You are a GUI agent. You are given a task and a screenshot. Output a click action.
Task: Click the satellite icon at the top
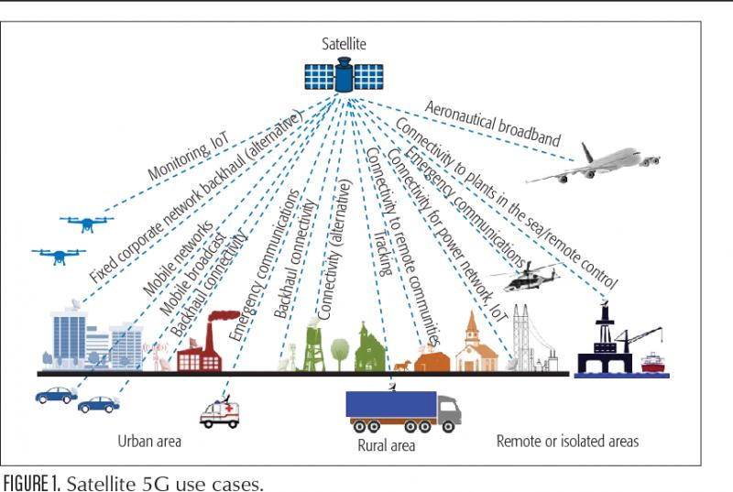pyautogui.click(x=344, y=75)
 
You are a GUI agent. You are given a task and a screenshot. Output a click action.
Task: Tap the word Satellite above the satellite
pyautogui.click(x=344, y=43)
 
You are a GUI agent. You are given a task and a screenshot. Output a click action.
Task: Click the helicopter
pyautogui.click(x=526, y=276)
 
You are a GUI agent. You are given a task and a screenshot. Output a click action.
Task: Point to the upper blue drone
pyautogui.click(x=86, y=224)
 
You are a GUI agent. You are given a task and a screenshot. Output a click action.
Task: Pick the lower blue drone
pyautogui.click(x=59, y=256)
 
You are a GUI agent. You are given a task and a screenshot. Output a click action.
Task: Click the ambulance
pyautogui.click(x=220, y=413)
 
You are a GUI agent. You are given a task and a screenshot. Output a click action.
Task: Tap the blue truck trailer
pyautogui.click(x=391, y=404)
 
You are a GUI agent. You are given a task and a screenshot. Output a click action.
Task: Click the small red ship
pyautogui.click(x=653, y=363)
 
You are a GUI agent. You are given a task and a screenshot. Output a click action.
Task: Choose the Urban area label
pyautogui.click(x=149, y=441)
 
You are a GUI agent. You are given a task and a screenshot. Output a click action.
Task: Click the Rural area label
pyautogui.click(x=386, y=445)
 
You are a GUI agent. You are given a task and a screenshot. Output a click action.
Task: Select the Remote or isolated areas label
pyautogui.click(x=567, y=441)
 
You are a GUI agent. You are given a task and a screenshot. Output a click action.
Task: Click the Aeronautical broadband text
pyautogui.click(x=492, y=124)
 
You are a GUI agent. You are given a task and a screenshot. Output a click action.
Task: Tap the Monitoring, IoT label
pyautogui.click(x=189, y=156)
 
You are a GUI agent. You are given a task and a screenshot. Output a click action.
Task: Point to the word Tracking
pyautogui.click(x=383, y=253)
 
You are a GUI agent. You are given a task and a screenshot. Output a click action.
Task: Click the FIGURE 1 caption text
pyautogui.click(x=133, y=483)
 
